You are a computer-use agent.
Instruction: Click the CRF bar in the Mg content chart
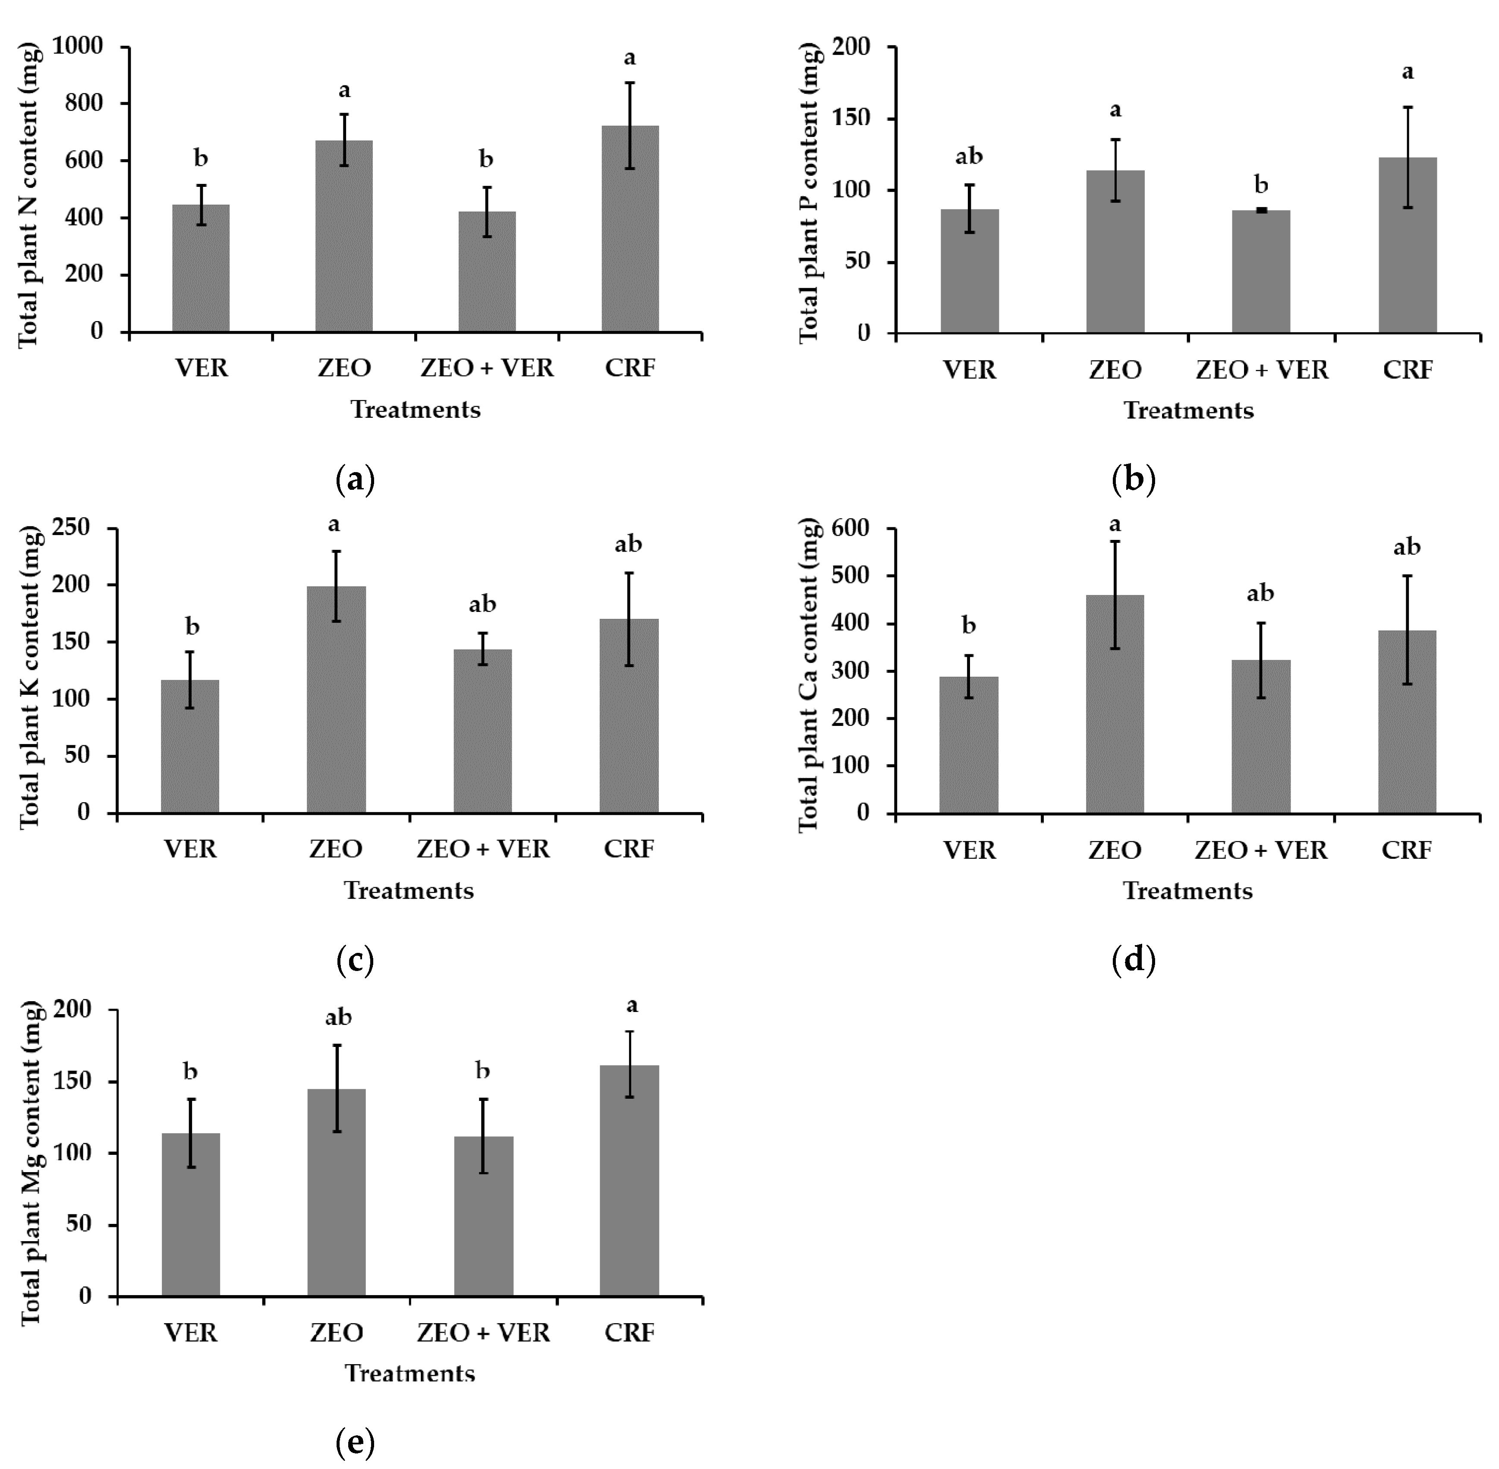(x=630, y=1180)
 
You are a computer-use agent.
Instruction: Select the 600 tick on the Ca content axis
(x=849, y=529)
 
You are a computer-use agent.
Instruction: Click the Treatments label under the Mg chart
(x=409, y=1373)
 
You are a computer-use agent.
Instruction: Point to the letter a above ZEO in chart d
(x=1115, y=525)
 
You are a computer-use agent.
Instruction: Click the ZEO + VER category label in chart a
(x=487, y=368)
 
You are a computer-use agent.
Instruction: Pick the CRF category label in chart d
(x=1406, y=850)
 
